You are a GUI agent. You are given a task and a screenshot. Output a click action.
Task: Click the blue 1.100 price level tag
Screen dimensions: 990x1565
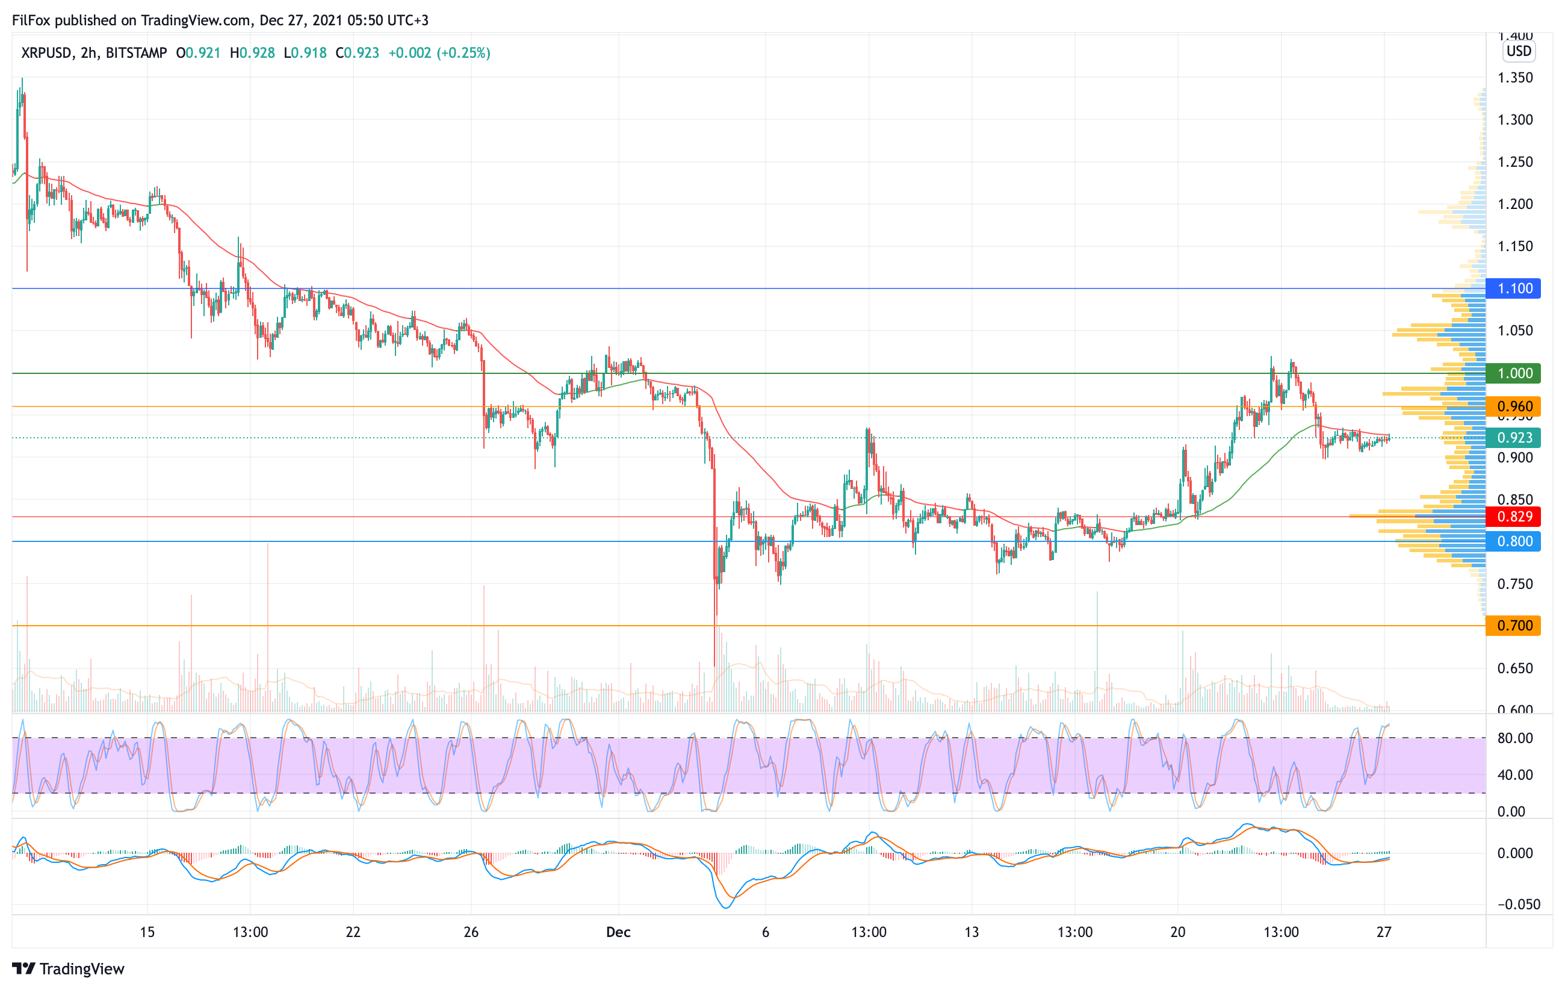(x=1513, y=288)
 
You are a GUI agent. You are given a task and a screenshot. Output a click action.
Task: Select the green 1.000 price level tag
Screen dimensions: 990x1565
(x=1513, y=373)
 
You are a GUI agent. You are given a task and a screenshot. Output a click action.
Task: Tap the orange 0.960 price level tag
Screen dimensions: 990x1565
(x=1513, y=407)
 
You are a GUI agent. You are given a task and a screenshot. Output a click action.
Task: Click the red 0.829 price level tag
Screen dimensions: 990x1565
(x=1513, y=517)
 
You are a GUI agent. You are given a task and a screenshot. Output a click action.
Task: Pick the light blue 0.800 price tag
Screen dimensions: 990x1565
(x=1513, y=541)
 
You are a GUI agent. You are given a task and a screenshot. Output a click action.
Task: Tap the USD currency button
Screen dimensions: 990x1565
(x=1519, y=51)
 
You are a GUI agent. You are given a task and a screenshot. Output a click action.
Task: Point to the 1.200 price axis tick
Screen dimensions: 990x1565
(x=1515, y=204)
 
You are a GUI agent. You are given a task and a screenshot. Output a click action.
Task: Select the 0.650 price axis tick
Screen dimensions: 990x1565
(x=1515, y=668)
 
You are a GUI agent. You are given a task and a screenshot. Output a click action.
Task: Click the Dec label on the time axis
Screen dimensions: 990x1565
(x=618, y=932)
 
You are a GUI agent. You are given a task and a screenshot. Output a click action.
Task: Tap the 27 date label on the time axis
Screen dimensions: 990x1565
(x=1384, y=932)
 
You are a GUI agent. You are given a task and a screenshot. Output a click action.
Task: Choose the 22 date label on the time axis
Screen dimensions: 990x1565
(x=353, y=932)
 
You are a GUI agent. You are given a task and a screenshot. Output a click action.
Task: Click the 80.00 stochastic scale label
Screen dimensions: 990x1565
(x=1514, y=738)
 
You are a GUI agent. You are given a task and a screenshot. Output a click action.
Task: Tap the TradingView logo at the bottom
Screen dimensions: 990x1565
(x=68, y=969)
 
